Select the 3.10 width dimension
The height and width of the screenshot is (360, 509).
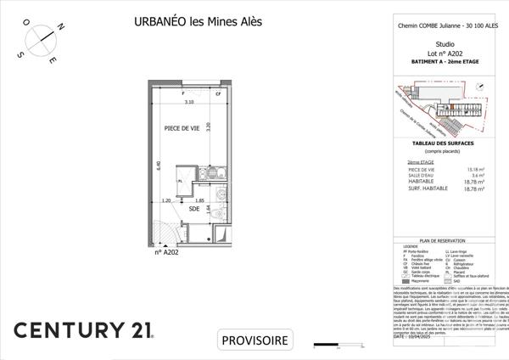click(x=190, y=102)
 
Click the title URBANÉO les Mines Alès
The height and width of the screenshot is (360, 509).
click(x=187, y=22)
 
